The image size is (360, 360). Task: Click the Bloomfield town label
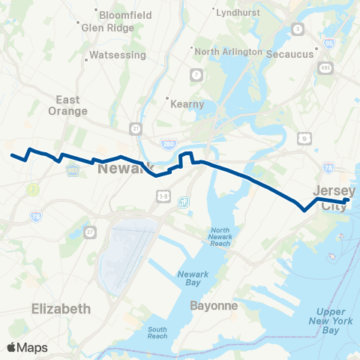(125, 15)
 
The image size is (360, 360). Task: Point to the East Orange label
(72, 105)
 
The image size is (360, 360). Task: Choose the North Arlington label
(228, 52)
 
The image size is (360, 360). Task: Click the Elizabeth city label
(62, 308)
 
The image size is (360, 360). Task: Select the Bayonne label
(213, 306)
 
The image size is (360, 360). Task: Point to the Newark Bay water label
(193, 278)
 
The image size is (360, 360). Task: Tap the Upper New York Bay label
(330, 321)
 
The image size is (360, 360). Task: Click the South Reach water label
(157, 332)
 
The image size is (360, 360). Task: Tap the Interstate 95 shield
(331, 43)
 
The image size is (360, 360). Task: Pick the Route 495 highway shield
(324, 67)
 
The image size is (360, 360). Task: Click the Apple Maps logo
(27, 347)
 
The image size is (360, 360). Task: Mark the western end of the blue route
(12, 156)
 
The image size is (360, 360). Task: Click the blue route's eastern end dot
(348, 200)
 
